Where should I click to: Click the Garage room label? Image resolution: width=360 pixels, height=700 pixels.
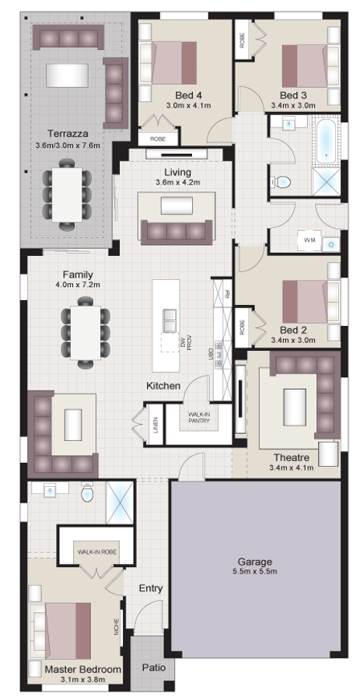pos(255,562)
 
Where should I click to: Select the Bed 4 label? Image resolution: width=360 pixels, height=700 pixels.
pos(183,95)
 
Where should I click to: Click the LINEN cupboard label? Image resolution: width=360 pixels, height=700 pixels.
pos(156,425)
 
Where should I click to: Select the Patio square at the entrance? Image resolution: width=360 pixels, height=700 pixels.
pos(152,667)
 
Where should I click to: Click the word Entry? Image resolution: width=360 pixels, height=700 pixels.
pos(150,588)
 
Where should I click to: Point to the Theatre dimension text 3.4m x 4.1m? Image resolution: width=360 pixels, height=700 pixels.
pos(292,467)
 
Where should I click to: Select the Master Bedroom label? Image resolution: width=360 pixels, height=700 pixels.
pos(82,669)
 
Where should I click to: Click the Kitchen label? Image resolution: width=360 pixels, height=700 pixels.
pos(163,386)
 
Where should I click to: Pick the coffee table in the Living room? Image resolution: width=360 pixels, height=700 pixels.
pos(175,205)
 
